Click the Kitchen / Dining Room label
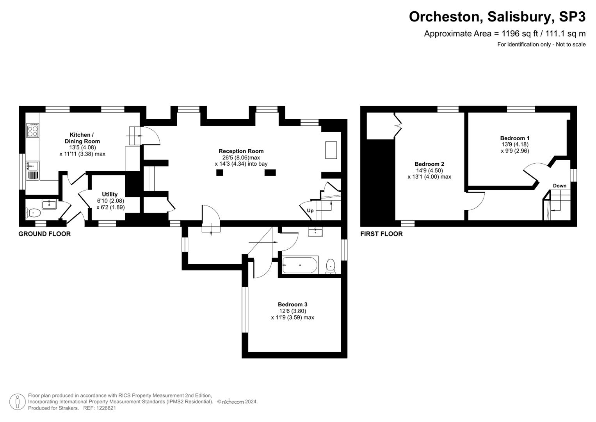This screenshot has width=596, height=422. (x=82, y=138)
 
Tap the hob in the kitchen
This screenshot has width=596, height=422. (x=32, y=131)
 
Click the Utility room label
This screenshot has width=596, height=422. (x=110, y=194)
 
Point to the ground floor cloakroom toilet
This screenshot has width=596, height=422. (x=34, y=213)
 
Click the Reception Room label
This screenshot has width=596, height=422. (x=241, y=151)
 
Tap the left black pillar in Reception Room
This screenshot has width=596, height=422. (x=220, y=172)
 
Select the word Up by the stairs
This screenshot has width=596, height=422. (x=310, y=211)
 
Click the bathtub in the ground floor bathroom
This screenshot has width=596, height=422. (x=300, y=265)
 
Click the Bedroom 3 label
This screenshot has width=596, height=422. (x=292, y=304)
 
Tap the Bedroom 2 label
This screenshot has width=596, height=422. (x=429, y=164)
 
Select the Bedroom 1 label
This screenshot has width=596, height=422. (x=514, y=138)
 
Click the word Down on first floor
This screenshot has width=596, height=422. (x=559, y=186)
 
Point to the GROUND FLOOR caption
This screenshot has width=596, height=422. (x=44, y=234)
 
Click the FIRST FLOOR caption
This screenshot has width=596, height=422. (x=381, y=234)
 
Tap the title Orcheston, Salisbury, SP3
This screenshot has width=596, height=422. (x=497, y=17)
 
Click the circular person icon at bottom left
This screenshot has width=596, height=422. (x=17, y=402)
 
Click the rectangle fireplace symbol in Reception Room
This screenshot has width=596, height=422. (x=331, y=150)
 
